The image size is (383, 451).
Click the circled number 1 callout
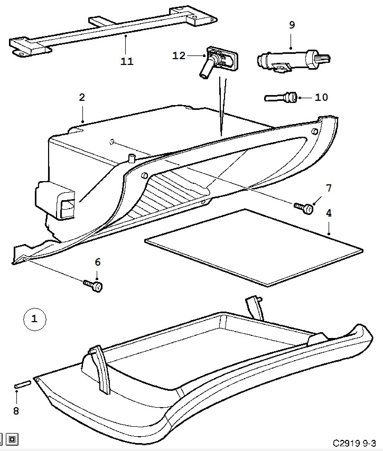(34, 319)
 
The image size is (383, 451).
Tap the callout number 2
(82, 98)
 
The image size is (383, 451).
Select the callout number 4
(329, 213)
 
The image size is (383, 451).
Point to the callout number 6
(98, 262)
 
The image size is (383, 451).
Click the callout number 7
(329, 188)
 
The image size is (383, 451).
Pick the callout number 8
(16, 411)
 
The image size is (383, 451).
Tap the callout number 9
(292, 25)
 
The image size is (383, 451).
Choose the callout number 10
(321, 97)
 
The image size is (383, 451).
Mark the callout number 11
(127, 61)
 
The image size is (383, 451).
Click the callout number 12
(179, 55)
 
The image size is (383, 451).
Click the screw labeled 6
(93, 286)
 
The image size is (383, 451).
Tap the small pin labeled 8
(22, 384)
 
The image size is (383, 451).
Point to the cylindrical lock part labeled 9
(294, 61)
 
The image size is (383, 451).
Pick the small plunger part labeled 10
(281, 97)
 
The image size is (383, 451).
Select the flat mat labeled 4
(254, 248)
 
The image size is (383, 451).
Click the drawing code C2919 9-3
(354, 443)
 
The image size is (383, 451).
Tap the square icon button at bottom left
(12, 439)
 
